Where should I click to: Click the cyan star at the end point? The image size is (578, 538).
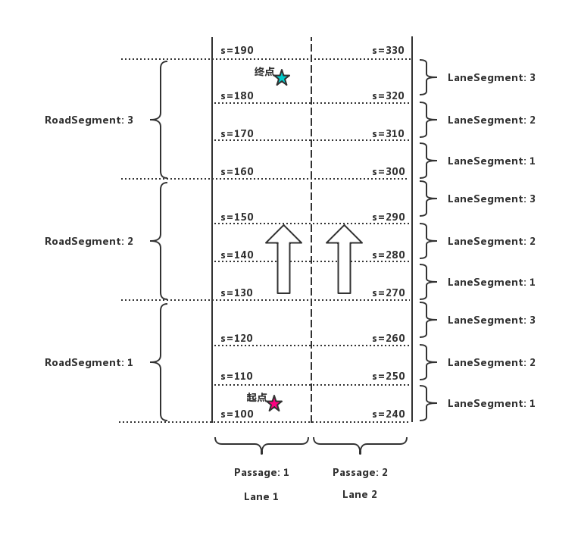coord(282,78)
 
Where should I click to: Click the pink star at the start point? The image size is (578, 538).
coord(274,404)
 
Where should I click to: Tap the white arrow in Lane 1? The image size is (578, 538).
coord(283,259)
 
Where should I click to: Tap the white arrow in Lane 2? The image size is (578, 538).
coord(344,259)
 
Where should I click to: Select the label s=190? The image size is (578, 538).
coord(237,51)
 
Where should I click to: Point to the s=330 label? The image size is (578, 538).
coord(389,51)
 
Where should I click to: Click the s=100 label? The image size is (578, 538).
coord(237,414)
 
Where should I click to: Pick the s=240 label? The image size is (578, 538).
coord(389,414)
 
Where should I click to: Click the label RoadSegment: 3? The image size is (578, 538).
coord(89,120)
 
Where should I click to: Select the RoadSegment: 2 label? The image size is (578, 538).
coord(89,241)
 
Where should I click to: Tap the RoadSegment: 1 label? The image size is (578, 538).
coord(89,362)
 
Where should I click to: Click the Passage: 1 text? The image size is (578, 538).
coord(261,472)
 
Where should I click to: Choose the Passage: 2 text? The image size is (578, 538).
coord(360,472)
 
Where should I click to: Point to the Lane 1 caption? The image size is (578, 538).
coord(261,496)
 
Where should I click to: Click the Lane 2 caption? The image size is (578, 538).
coord(360,494)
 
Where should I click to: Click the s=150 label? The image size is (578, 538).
coord(237,217)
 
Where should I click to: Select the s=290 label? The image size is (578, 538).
coord(389,217)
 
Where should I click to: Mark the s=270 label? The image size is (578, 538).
coord(389,293)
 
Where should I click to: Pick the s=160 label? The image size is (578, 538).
coord(237,172)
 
